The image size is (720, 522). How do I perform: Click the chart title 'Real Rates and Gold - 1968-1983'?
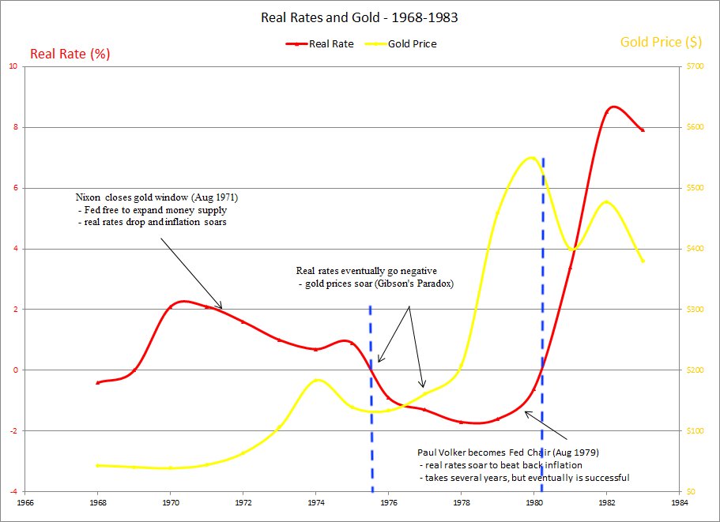point(360,17)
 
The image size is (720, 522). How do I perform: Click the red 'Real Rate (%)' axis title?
point(70,54)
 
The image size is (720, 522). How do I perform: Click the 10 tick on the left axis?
point(13,66)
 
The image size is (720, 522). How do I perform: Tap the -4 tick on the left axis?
point(13,491)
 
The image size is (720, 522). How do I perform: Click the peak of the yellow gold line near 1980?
point(530,157)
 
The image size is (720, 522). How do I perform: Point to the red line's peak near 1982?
point(613,107)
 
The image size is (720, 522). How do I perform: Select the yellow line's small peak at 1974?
point(317,380)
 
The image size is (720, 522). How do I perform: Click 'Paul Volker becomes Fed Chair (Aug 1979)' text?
point(507,453)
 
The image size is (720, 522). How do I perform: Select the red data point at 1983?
point(643,130)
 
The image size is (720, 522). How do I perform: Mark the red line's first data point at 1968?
point(98,382)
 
